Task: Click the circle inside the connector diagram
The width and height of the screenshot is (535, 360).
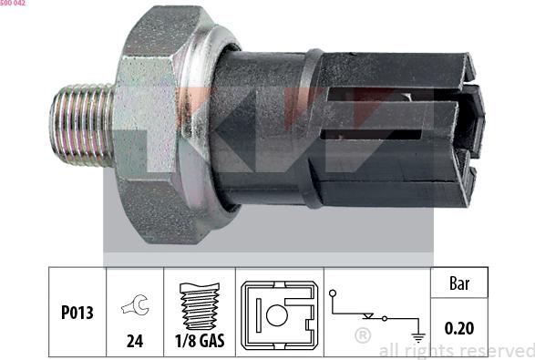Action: (x=276, y=317)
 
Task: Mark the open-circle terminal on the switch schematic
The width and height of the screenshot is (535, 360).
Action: (x=334, y=293)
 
